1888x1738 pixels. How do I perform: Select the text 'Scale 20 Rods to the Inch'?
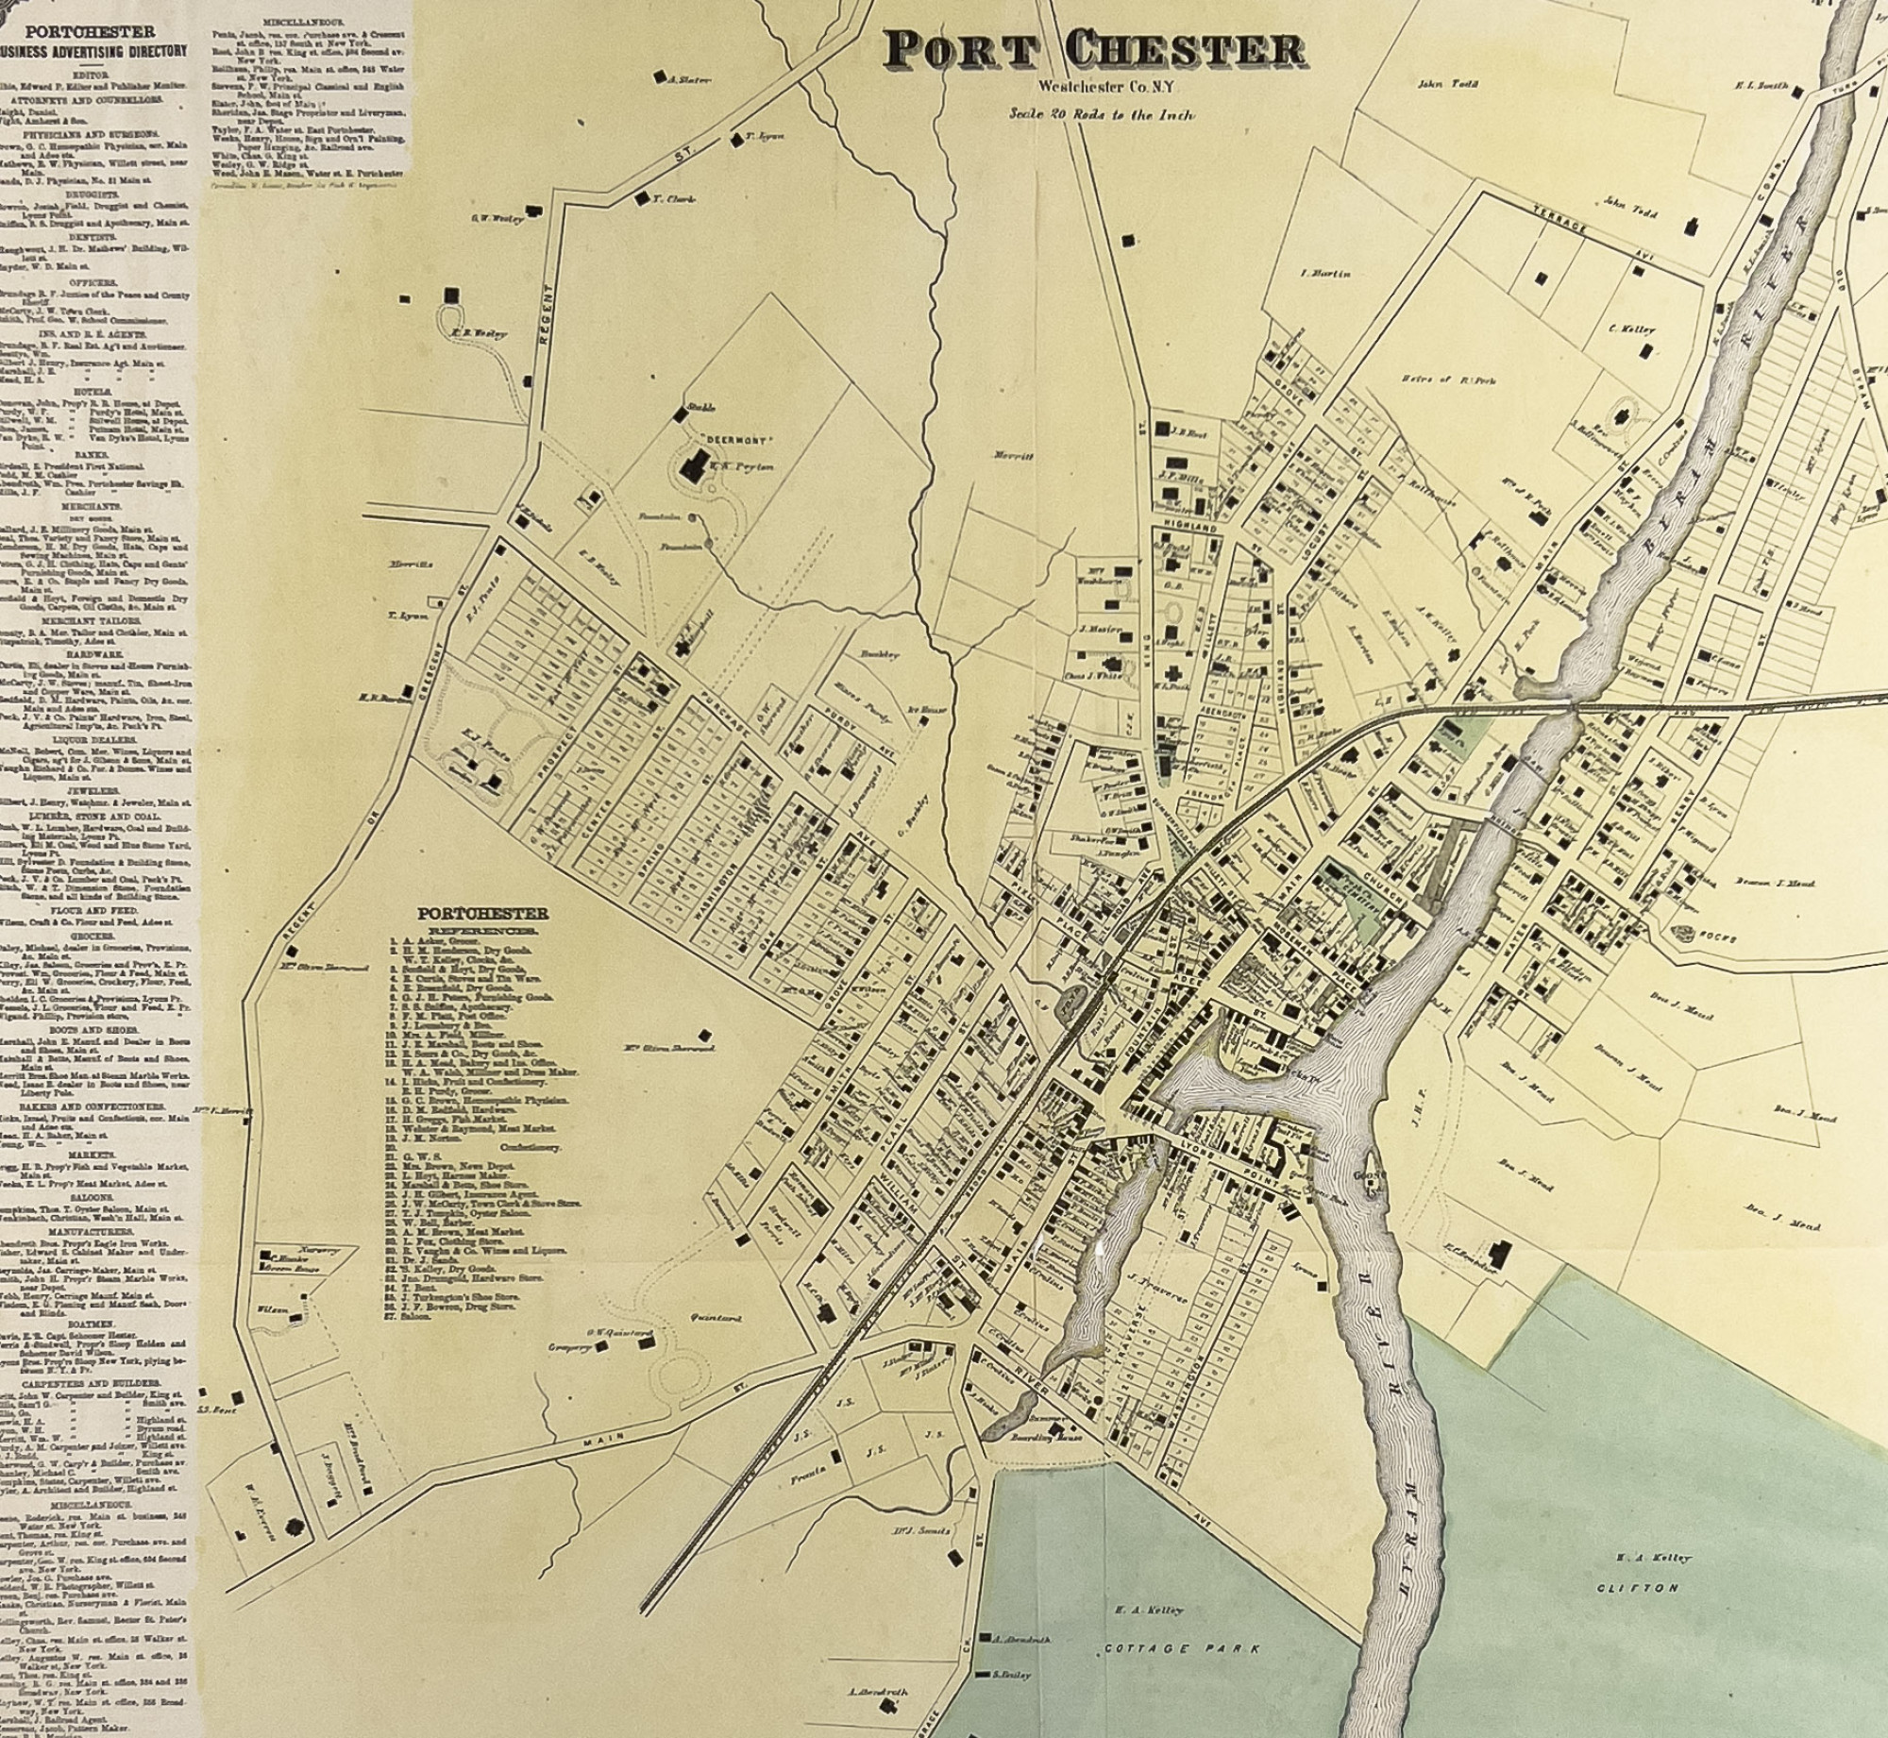[x=1101, y=113]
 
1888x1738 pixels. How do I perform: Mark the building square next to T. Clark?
[x=642, y=198]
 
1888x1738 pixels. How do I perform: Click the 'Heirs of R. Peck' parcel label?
[x=1448, y=380]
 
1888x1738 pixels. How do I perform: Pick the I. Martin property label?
[x=1325, y=274]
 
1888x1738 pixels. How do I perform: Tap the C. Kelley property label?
[x=1631, y=329]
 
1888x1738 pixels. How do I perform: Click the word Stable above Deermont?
[x=703, y=407]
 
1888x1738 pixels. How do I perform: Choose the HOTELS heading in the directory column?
[x=94, y=390]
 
